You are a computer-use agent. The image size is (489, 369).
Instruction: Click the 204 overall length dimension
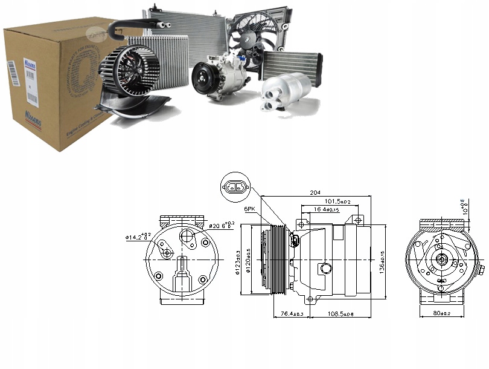pyautogui.click(x=315, y=192)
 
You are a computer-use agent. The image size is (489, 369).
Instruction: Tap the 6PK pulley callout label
pyautogui.click(x=251, y=209)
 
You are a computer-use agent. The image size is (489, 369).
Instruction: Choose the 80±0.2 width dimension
pyautogui.click(x=442, y=315)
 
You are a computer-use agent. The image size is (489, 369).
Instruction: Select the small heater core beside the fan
pyautogui.click(x=291, y=64)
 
